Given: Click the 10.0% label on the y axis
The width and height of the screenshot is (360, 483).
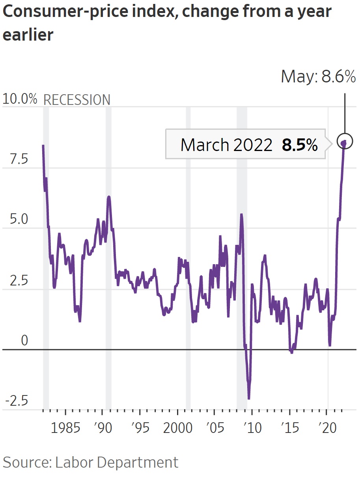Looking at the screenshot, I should pyautogui.click(x=20, y=99).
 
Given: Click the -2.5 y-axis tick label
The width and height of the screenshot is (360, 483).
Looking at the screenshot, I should pyautogui.click(x=17, y=401).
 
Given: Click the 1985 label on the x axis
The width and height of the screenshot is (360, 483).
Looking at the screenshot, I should pyautogui.click(x=65, y=428).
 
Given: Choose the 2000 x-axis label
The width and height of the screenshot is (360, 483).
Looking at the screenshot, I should pyautogui.click(x=177, y=428).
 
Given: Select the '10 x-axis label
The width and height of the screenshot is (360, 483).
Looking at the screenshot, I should pyautogui.click(x=252, y=428).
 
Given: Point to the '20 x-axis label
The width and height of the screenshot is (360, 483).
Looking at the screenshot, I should pyautogui.click(x=327, y=428).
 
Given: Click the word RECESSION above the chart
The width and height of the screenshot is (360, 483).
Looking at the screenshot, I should pyautogui.click(x=76, y=100).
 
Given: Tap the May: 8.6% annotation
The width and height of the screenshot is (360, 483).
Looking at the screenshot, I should pyautogui.click(x=318, y=76).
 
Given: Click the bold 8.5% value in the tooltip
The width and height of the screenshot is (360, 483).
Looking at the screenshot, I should pyautogui.click(x=300, y=145).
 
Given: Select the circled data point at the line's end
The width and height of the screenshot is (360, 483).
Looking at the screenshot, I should pyautogui.click(x=345, y=141).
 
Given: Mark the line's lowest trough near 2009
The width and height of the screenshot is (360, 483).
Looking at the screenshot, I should pyautogui.click(x=249, y=398).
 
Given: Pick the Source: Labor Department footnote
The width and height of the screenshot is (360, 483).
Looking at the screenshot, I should pyautogui.click(x=90, y=462).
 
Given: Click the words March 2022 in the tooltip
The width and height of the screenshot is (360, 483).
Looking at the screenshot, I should pyautogui.click(x=226, y=145).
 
